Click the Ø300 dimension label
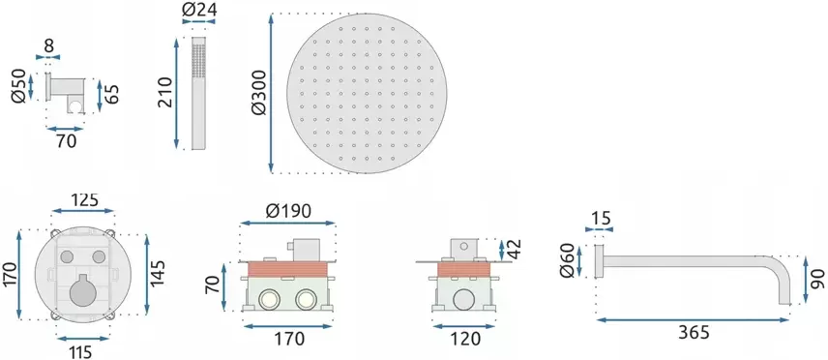260,93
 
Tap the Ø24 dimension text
199,9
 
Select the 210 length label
166,93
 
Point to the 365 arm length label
695,333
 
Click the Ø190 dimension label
288,211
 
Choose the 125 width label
84,199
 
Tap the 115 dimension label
81,351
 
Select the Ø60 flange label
567,261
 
